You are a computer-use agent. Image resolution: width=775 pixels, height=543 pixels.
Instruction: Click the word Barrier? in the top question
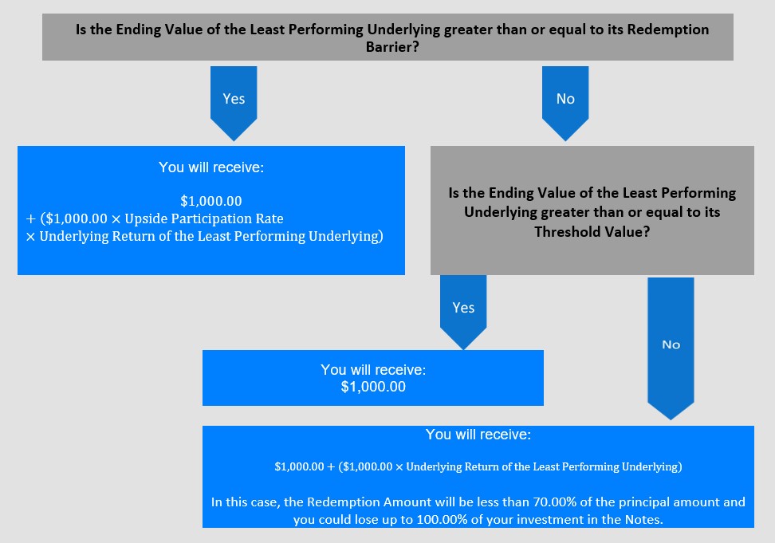point(392,47)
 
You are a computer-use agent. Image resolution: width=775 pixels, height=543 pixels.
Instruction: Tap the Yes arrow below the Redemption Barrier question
point(234,104)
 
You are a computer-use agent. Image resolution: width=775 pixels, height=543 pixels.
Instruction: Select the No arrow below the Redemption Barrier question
point(565,104)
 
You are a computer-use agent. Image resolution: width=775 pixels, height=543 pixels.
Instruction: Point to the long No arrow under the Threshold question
point(671,348)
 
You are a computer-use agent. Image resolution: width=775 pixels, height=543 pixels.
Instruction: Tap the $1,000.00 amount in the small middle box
point(373,387)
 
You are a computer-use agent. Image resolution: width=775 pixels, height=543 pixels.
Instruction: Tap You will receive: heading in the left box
point(211,167)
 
